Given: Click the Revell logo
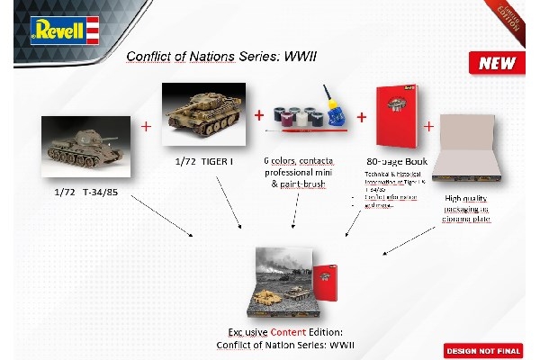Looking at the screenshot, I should coord(62,30).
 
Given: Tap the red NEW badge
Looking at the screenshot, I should coord(496,64).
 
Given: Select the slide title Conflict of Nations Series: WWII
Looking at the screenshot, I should coord(221,56).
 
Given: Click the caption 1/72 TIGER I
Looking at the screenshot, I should coord(206,161).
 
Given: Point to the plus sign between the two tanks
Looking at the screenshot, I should coord(146,125).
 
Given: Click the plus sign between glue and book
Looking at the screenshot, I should coord(362,117).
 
